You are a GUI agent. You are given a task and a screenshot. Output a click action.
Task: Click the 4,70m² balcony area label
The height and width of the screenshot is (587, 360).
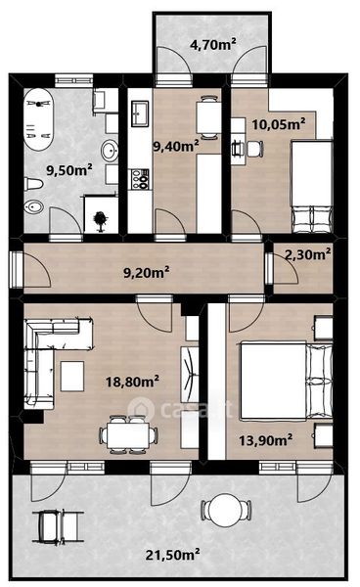coord(213,45)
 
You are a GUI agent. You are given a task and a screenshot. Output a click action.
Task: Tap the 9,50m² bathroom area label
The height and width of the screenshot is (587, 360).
coord(69,170)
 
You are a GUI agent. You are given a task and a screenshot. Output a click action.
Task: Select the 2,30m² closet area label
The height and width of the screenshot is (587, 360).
coord(307,254)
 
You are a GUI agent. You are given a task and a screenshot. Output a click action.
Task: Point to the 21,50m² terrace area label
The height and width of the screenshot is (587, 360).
coord(172,555)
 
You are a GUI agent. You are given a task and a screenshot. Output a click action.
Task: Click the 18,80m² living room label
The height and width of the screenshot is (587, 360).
coord(132,382)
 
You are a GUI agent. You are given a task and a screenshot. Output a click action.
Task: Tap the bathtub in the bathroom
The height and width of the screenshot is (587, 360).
coord(38,119)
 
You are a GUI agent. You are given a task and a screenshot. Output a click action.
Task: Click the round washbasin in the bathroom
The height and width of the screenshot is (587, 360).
coord(110,151)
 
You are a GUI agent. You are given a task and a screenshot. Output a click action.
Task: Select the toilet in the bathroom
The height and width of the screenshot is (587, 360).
coord(33,184)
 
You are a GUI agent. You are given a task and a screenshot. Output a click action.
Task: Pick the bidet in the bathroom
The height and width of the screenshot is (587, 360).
coord(33,206)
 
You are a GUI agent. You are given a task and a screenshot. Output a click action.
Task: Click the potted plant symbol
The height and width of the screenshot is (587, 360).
coord(100,220)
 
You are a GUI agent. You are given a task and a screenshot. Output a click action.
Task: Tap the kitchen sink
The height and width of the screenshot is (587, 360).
coord(141,113)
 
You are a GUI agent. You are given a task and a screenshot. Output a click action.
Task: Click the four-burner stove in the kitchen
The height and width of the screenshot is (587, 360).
coord(139,179)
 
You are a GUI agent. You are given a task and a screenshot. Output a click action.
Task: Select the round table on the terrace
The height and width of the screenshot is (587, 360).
coord(226,509)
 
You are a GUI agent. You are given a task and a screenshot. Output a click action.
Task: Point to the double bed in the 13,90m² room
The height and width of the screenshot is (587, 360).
coord(287,380)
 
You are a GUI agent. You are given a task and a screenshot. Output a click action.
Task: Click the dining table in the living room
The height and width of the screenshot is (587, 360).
coord(128,436)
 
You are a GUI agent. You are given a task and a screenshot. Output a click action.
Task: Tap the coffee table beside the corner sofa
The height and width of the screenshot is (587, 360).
coord(72,377)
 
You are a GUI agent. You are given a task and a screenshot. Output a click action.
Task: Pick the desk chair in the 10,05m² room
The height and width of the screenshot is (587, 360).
coord(254,149)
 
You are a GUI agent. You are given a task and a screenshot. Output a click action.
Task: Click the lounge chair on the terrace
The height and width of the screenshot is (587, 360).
coord(58,526)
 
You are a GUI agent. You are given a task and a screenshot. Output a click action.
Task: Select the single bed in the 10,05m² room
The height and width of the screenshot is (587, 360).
coord(312,187)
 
